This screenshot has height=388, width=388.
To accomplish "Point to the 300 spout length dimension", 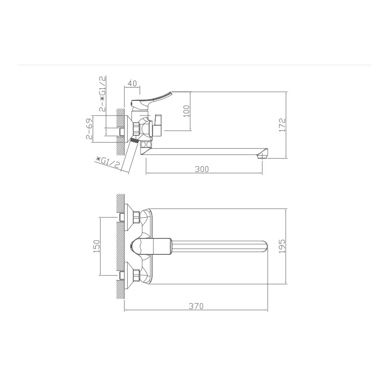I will (x=201, y=169).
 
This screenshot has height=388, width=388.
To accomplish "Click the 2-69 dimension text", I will (x=89, y=129).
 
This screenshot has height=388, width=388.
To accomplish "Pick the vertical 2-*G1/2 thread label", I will (x=103, y=94).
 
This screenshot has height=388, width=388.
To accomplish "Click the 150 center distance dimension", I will (x=96, y=246).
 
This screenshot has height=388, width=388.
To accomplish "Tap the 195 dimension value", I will (x=282, y=246).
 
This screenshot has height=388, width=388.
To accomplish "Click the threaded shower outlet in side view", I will (x=135, y=141).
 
